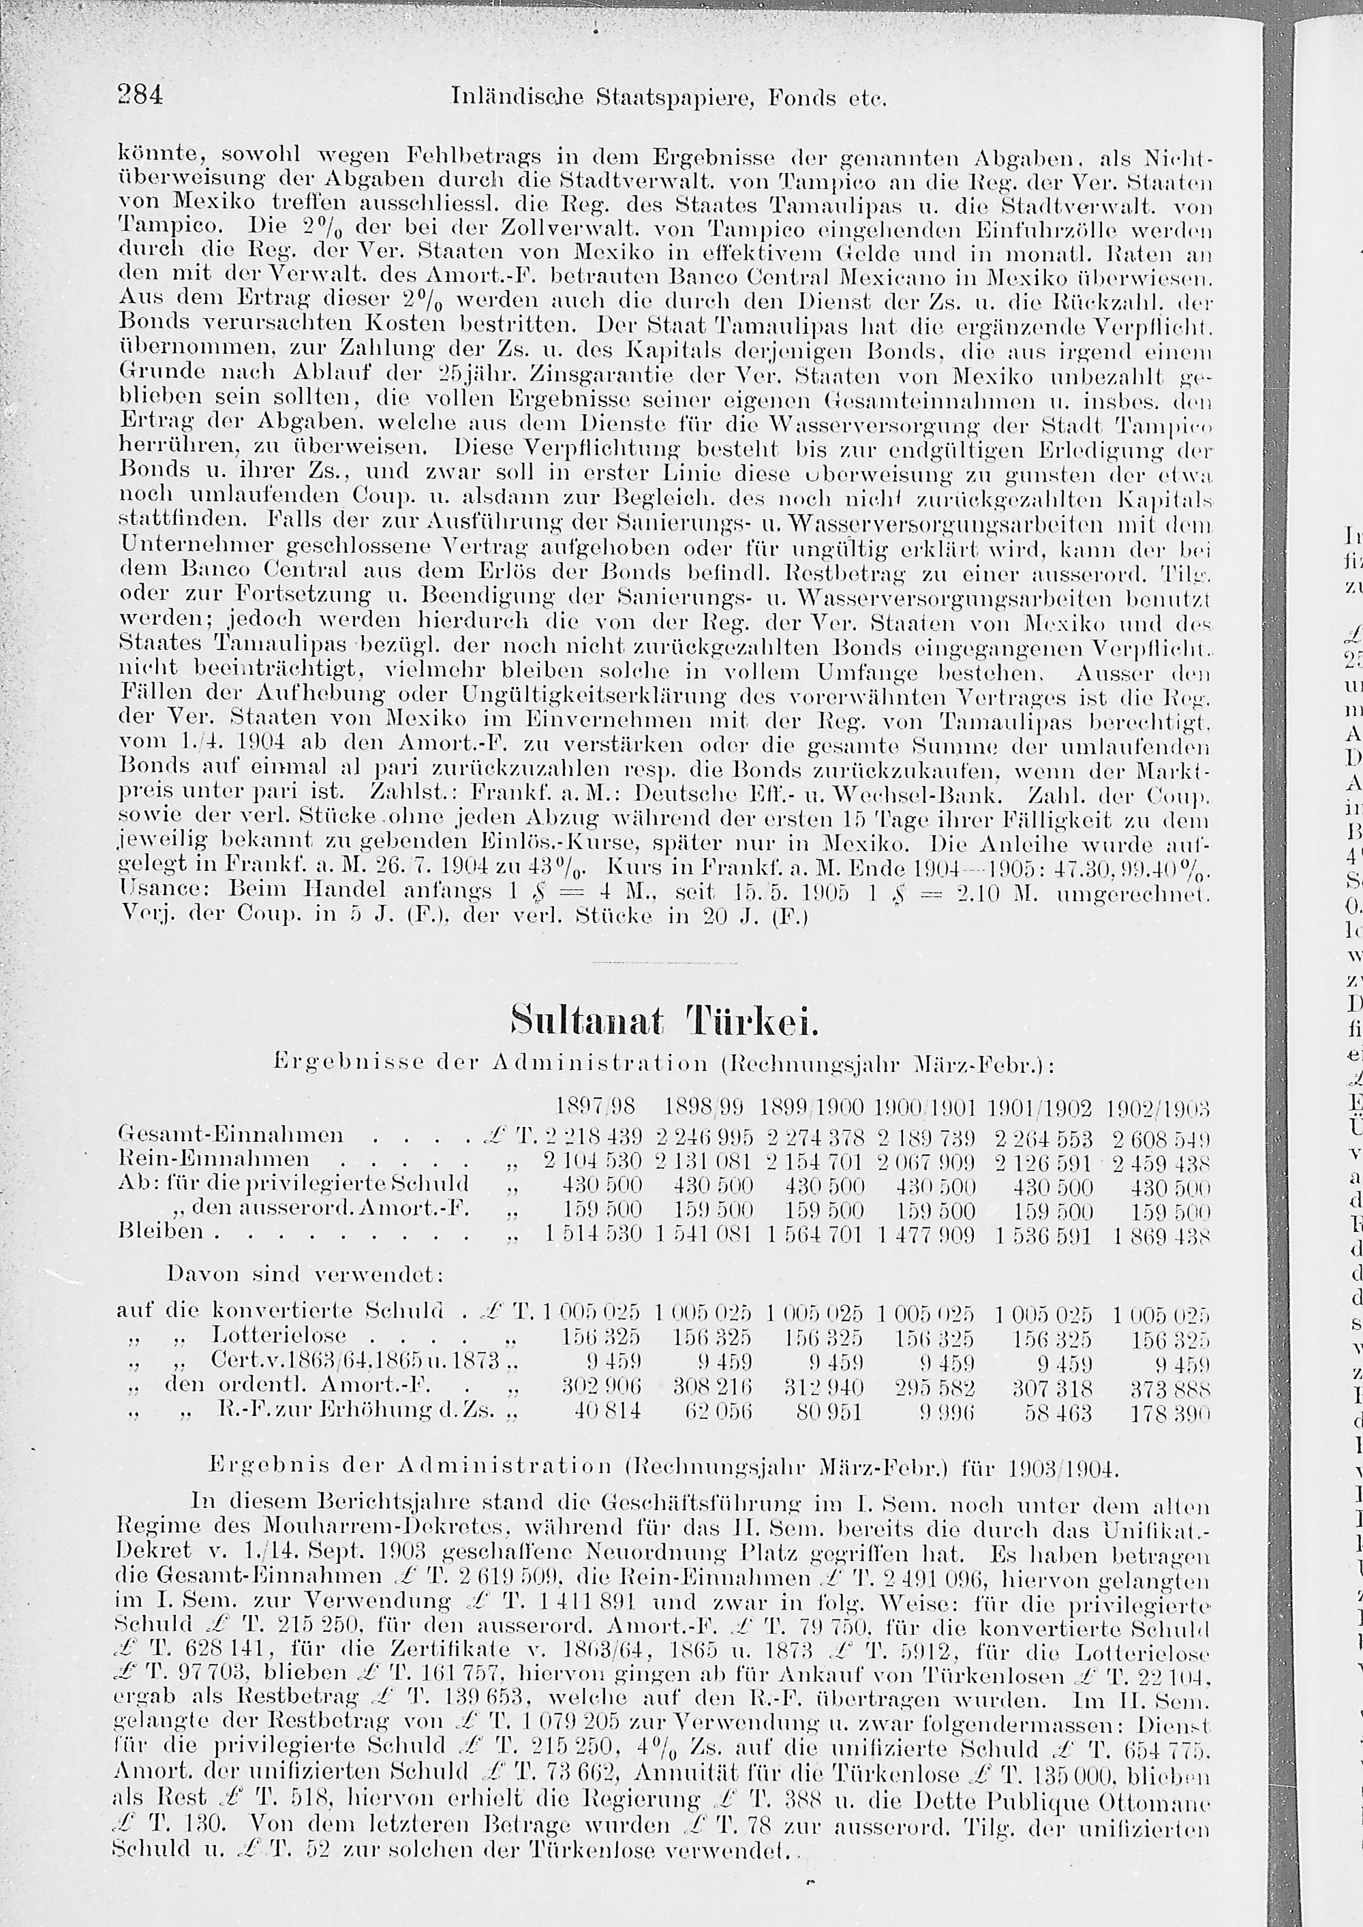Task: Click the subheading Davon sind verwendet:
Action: click(x=305, y=1274)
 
